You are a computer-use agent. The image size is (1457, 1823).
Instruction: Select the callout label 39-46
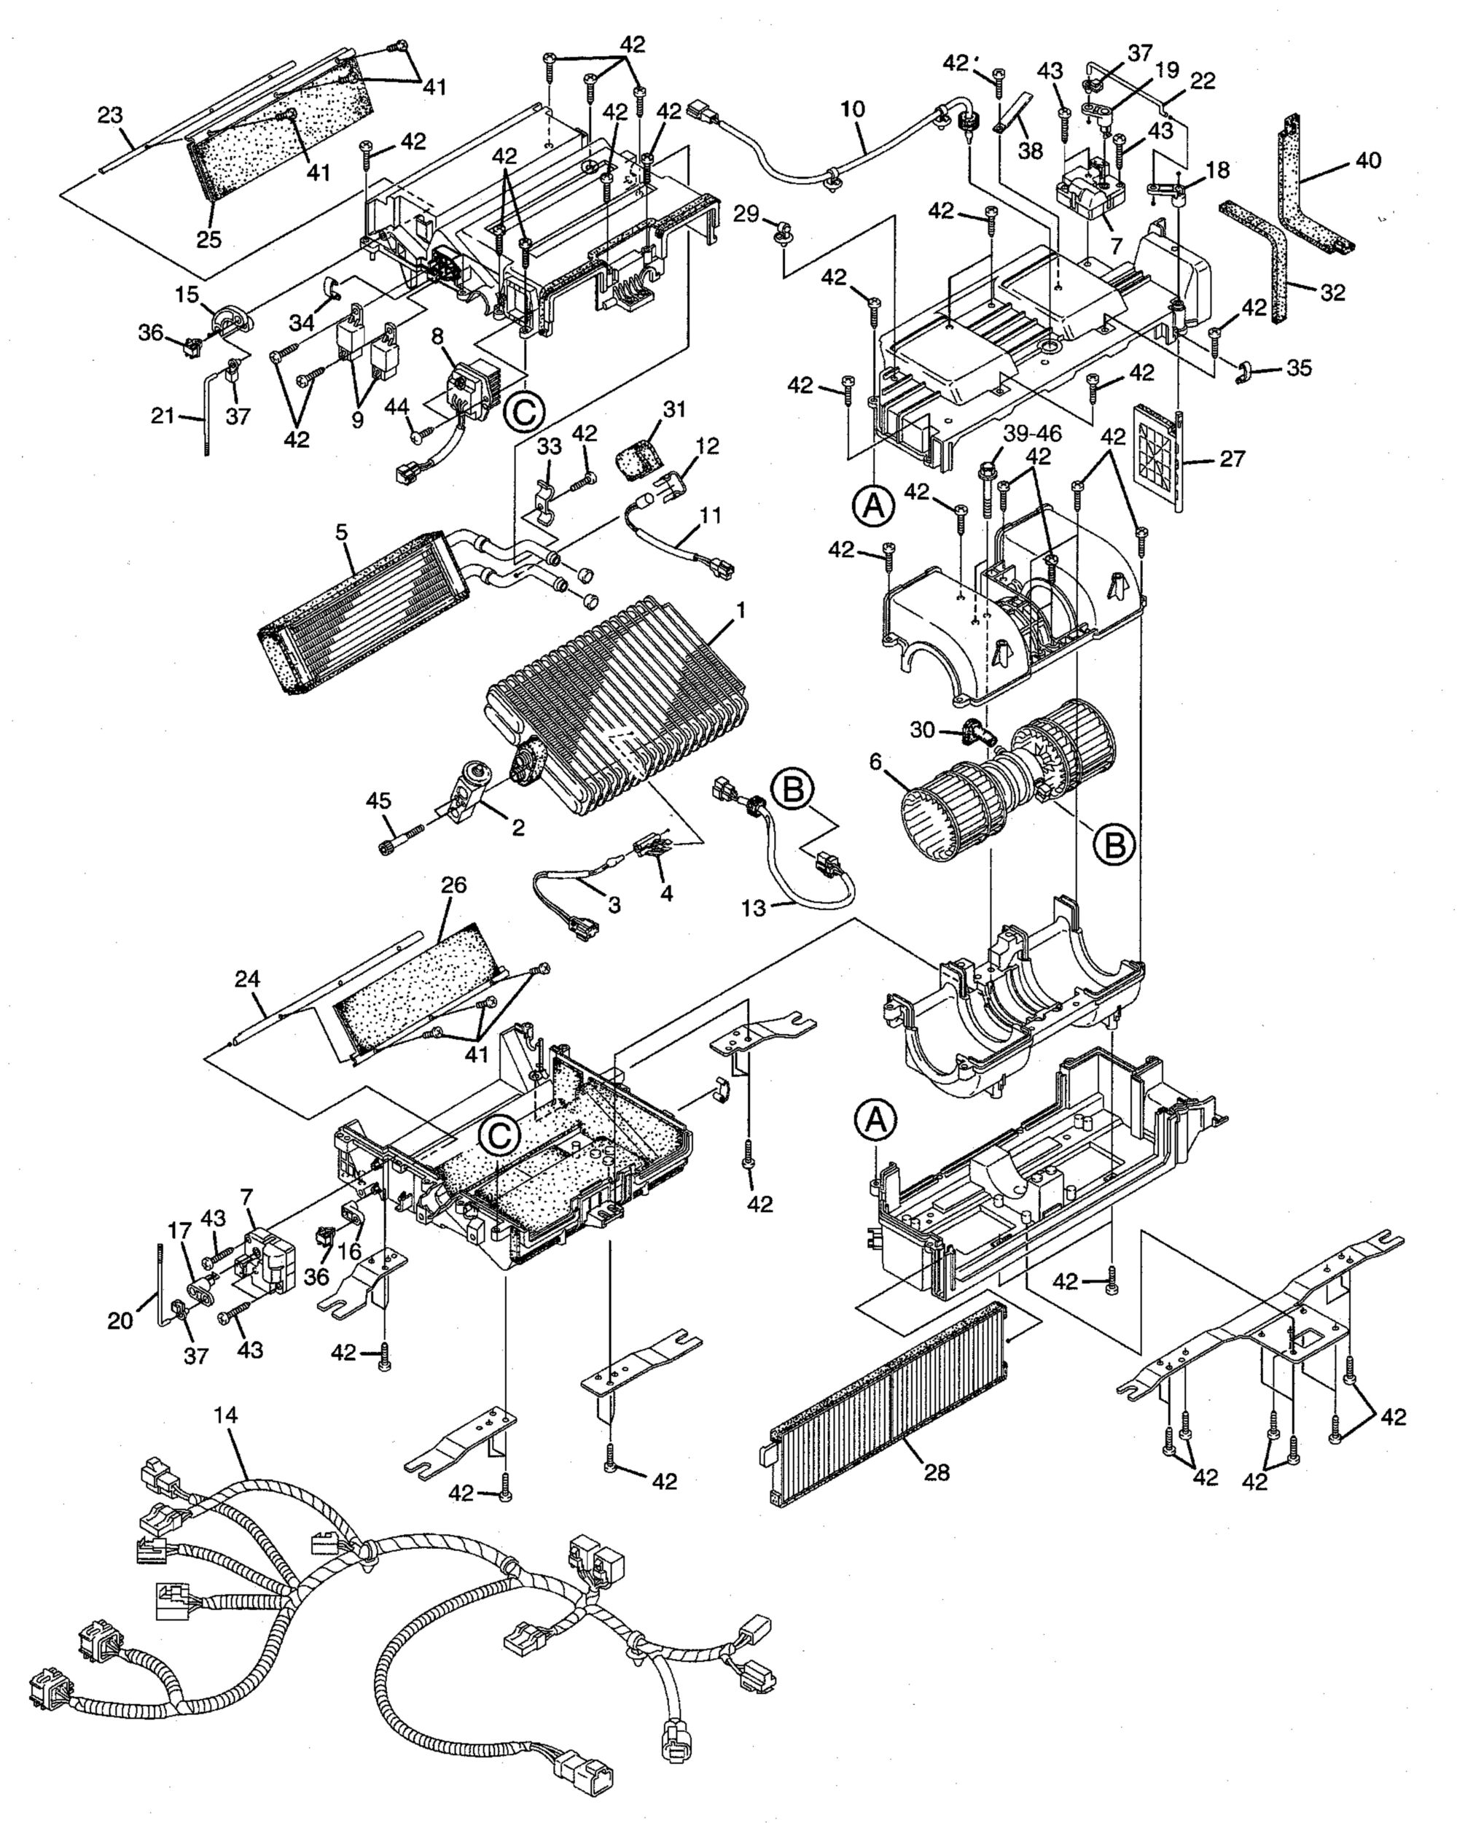1033,434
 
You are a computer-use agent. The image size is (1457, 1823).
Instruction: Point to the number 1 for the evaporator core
741,609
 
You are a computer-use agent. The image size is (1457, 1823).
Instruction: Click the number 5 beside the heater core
341,533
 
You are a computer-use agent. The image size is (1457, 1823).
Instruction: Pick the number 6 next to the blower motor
875,762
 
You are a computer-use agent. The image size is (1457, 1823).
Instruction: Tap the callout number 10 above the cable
853,109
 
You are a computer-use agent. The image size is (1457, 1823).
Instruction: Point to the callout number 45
378,799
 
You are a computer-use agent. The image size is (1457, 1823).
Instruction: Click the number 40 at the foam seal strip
1368,160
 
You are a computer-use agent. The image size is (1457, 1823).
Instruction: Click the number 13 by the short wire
754,908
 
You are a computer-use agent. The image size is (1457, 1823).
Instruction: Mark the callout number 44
397,408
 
